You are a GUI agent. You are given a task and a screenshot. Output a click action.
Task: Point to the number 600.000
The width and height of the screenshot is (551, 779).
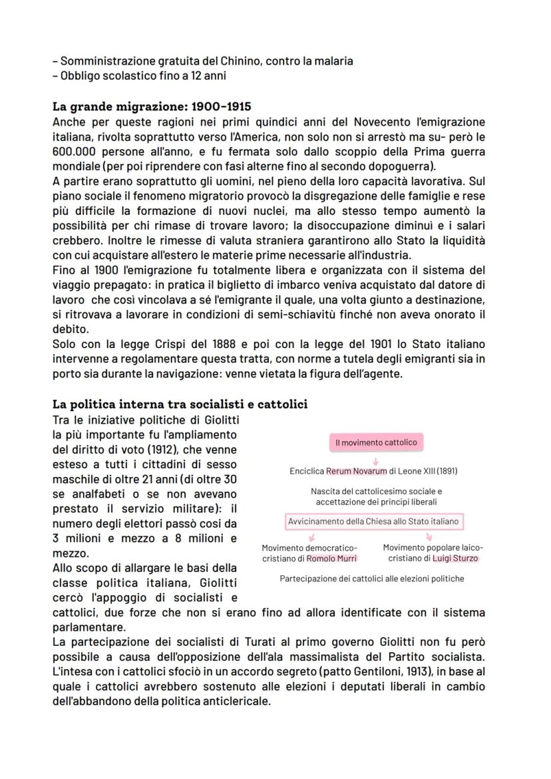coord(76,151)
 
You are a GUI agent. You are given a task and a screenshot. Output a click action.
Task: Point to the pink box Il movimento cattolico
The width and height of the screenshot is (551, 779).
coord(376,443)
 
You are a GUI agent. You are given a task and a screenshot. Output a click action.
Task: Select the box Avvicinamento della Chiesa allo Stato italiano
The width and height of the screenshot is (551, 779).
coord(373,522)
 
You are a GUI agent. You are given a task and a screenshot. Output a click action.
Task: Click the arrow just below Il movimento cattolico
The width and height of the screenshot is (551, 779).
coord(376,458)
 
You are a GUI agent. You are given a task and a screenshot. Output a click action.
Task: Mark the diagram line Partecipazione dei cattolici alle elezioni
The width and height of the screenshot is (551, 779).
coord(372,579)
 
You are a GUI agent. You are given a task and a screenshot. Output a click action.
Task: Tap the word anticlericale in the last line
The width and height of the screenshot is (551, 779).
coord(237,701)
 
